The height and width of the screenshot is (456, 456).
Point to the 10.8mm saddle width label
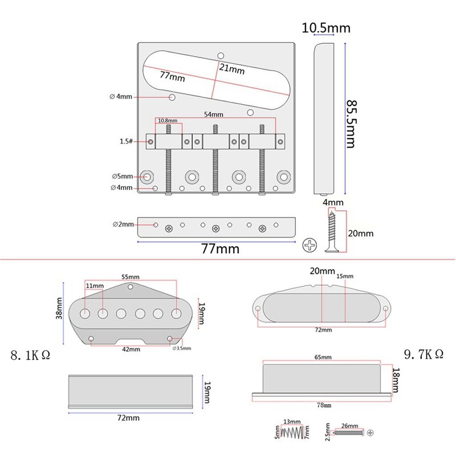168,121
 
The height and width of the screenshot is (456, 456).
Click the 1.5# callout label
127,141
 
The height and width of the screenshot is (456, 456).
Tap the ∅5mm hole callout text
123,176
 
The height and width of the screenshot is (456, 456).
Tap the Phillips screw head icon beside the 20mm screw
308,245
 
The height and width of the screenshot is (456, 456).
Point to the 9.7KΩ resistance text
424,354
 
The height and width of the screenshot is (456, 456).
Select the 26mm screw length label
351,426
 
